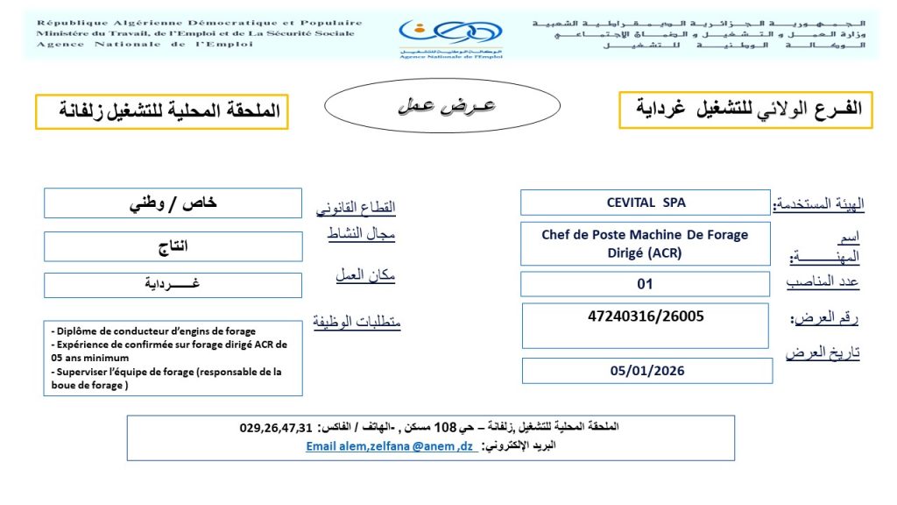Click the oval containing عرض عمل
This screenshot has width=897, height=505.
click(x=441, y=107)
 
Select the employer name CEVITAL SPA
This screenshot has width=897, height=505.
click(x=646, y=203)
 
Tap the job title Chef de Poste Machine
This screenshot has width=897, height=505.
click(x=645, y=235)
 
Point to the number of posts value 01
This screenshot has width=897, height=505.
click(x=646, y=284)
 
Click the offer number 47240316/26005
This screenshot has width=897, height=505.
click(x=646, y=316)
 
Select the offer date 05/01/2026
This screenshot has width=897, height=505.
click(x=647, y=370)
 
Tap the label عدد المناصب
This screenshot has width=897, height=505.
click(x=823, y=282)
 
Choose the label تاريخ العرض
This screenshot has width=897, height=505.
click(x=823, y=352)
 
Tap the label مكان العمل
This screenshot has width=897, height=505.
click(x=365, y=274)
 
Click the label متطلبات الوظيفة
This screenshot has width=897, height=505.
click(x=357, y=323)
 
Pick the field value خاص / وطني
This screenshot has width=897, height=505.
click(x=173, y=203)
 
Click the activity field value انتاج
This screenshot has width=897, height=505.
click(x=173, y=246)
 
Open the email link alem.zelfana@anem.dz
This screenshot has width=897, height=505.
click(x=391, y=446)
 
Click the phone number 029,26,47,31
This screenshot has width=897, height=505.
click(x=276, y=428)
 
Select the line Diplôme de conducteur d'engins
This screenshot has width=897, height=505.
click(x=154, y=331)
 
